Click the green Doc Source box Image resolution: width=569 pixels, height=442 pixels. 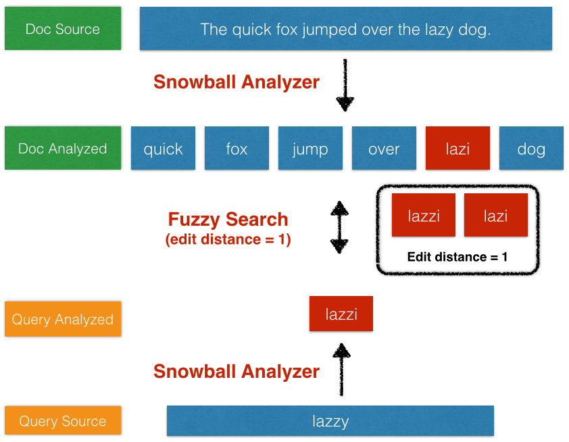point(63,29)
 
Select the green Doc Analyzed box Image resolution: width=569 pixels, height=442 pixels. point(63,148)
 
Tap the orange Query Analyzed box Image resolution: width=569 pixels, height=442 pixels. point(63,319)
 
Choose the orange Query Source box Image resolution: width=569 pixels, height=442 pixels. point(63,420)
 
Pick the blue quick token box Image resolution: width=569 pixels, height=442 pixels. point(163,149)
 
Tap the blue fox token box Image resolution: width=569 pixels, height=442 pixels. point(237,149)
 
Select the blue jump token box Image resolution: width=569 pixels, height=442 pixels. point(310,149)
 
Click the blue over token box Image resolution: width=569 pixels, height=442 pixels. point(384,149)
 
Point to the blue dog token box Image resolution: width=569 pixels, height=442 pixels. point(531,149)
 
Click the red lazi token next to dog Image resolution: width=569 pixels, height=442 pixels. point(457,149)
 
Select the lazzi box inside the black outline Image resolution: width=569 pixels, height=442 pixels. point(424,216)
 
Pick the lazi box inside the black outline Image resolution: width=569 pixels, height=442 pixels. point(495,216)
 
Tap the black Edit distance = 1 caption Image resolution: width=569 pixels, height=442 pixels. point(457,257)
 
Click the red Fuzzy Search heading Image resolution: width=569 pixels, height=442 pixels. point(228,220)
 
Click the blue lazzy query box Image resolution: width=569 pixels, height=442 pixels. point(330,421)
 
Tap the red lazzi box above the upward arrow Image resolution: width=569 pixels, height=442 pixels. point(341,314)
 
